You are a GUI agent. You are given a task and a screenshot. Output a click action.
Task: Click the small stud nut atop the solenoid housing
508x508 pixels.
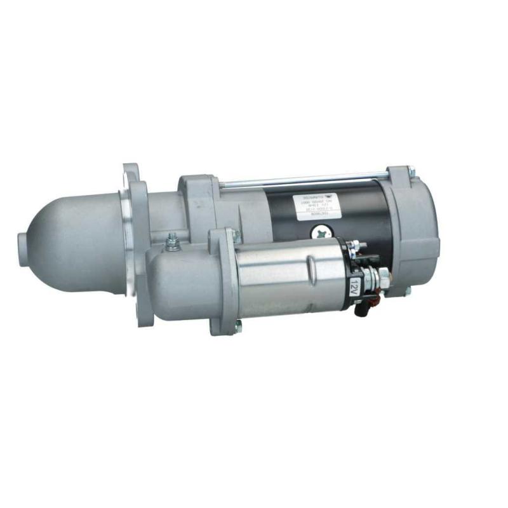click(x=171, y=239)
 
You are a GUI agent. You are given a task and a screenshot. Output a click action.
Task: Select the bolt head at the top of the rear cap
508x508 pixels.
click(x=410, y=171)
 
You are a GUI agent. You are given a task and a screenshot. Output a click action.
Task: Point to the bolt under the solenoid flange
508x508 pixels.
click(x=238, y=328)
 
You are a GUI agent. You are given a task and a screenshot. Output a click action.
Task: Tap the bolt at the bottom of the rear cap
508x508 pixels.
click(x=407, y=290)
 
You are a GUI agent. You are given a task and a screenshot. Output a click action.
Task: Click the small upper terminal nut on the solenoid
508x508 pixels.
click(x=356, y=244)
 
